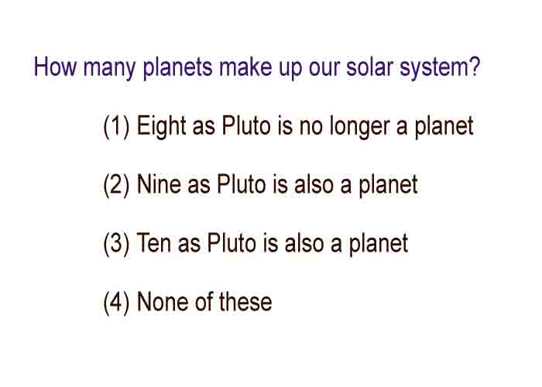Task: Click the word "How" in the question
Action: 55,67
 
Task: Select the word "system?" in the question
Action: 440,69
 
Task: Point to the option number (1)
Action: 116,127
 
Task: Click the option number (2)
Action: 116,186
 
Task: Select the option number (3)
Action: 116,245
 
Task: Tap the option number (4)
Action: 116,303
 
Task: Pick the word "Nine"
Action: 159,183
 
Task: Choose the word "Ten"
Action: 154,242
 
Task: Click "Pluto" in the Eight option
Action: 246,125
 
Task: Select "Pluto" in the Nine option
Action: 242,184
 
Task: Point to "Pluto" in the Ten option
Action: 232,243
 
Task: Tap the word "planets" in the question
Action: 177,69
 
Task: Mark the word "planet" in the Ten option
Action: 379,245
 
